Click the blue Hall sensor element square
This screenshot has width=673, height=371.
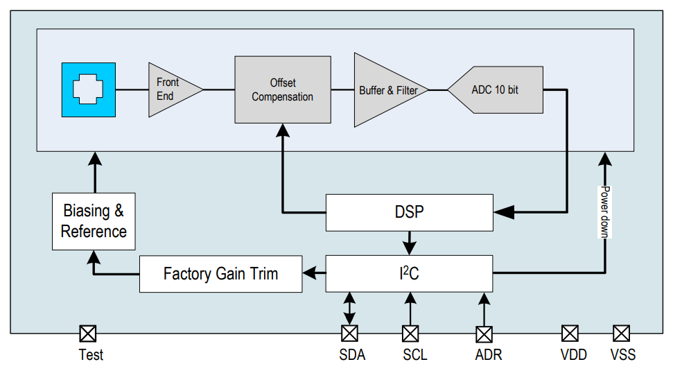pos(88,89)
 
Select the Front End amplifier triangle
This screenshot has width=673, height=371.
pos(170,89)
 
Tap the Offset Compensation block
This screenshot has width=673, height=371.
pos(282,90)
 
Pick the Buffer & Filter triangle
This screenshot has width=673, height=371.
pos(385,90)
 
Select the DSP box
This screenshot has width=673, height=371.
pos(409,212)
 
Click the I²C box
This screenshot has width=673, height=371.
pos(409,273)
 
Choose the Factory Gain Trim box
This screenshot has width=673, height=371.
pos(221,273)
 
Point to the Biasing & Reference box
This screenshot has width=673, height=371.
pos(94,221)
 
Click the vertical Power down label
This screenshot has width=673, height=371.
pos(604,212)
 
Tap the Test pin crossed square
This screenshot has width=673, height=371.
pos(87,334)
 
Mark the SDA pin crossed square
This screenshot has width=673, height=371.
pos(349,334)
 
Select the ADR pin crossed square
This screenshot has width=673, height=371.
pos(484,334)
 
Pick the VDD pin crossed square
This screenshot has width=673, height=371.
pos(570,334)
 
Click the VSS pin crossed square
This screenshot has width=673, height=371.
pos(621,334)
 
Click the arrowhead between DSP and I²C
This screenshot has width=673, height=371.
pos(409,248)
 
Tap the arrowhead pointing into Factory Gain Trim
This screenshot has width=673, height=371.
pos(312,273)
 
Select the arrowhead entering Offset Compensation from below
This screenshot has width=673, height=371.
pos(282,130)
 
